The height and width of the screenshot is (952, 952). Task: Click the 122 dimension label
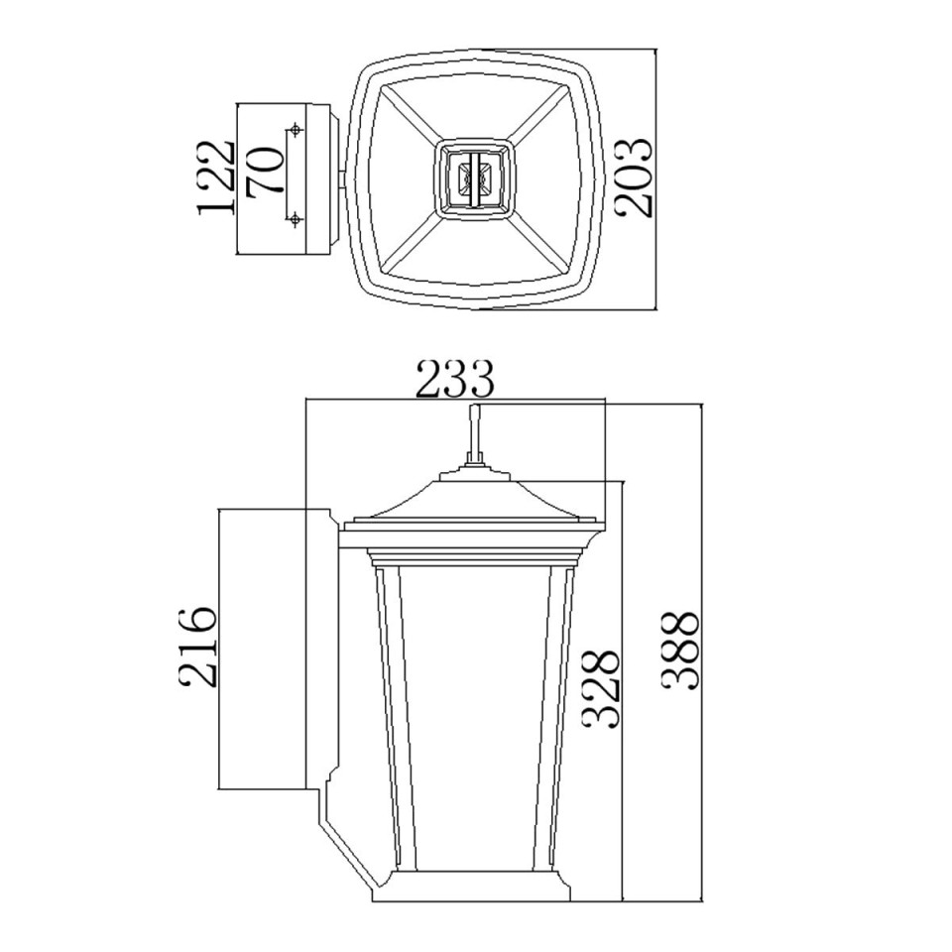(215, 178)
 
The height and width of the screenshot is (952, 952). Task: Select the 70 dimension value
(266, 171)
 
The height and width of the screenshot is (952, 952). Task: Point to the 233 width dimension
(454, 379)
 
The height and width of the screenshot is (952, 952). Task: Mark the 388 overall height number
(681, 652)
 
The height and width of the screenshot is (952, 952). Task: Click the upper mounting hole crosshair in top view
(295, 131)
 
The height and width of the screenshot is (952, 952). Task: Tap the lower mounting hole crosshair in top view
(295, 219)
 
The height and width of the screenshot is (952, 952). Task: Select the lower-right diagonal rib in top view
(544, 243)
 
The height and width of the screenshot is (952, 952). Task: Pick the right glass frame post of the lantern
(557, 714)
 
